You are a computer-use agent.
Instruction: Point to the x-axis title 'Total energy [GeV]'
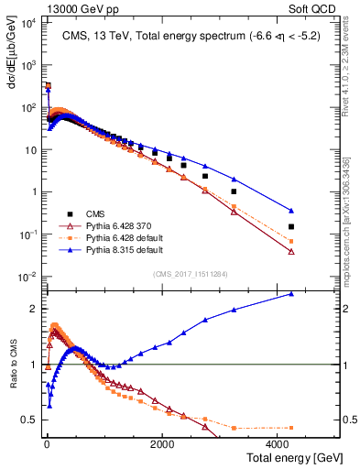tap(283, 458)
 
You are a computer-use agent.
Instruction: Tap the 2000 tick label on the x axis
tap(161, 444)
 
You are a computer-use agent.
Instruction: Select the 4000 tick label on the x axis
tap(277, 444)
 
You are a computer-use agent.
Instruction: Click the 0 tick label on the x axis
tap(47, 444)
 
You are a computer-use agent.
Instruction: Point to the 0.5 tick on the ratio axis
tap(30, 420)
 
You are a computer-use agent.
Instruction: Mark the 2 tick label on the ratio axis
tap(34, 309)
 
